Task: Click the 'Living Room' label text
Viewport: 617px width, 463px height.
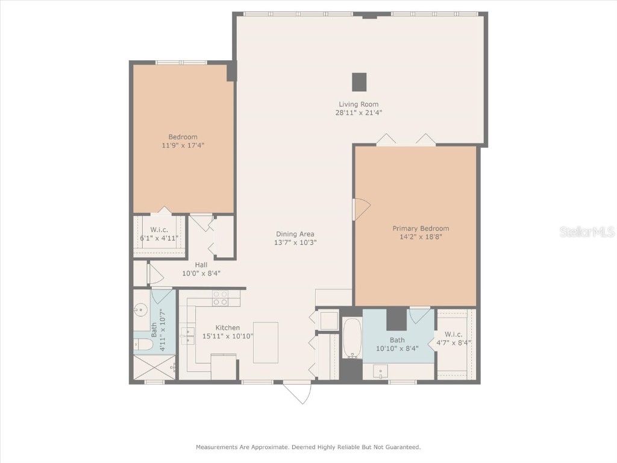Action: click(359, 104)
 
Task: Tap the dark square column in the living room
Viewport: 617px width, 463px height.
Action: click(359, 81)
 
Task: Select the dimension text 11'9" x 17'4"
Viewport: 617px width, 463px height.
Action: click(183, 145)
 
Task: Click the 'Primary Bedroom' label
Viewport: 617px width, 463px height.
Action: click(421, 228)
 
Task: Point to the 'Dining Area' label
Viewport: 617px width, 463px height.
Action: click(295, 234)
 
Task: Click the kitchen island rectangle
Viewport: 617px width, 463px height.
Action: click(265, 342)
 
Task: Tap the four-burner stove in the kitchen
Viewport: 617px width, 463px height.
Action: click(220, 298)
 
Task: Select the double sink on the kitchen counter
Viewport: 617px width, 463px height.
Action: click(188, 336)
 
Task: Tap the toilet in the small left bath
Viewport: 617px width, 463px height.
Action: click(142, 344)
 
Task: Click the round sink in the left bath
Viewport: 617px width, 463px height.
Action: click(141, 310)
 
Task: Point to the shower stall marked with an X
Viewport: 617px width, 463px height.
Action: click(154, 367)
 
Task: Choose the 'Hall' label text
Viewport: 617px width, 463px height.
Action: click(201, 265)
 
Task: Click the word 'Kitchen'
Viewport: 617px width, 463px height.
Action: click(228, 327)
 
